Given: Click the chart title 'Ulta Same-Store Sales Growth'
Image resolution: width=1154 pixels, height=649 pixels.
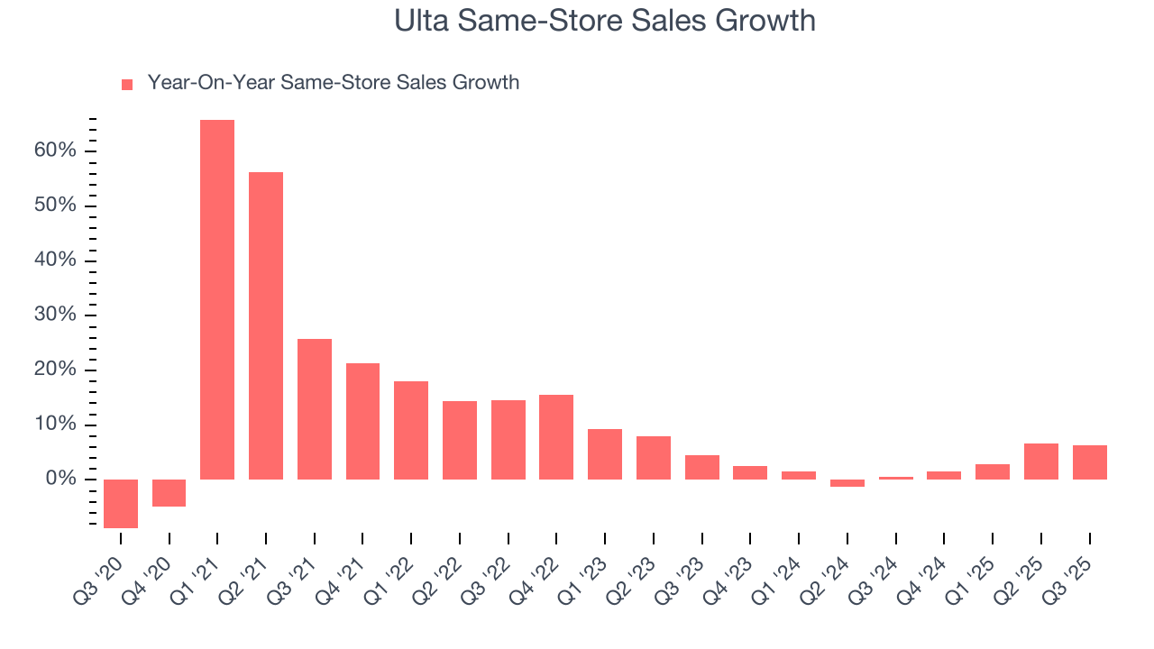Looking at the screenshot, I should [x=604, y=21].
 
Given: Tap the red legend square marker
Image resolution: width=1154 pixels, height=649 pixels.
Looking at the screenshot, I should [x=127, y=84].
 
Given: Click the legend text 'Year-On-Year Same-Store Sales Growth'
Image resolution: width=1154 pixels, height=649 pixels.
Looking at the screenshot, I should [x=333, y=83].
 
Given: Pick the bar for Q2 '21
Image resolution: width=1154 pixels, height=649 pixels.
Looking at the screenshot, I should [x=266, y=325].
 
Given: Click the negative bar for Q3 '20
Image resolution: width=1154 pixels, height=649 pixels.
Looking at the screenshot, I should [x=121, y=503].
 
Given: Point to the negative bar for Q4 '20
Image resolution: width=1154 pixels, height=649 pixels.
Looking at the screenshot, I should [x=169, y=492].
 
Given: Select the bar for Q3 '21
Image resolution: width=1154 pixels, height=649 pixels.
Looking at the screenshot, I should [x=315, y=408].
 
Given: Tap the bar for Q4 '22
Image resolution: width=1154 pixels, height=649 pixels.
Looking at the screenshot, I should [x=556, y=436].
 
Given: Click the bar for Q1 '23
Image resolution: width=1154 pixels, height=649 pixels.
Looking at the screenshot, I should [x=605, y=453].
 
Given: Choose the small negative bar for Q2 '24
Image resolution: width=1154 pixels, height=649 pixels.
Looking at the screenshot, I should [x=847, y=483].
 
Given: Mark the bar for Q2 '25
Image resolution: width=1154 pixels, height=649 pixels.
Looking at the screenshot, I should [x=1041, y=461].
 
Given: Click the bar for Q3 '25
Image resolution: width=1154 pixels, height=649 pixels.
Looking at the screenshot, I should [x=1089, y=462].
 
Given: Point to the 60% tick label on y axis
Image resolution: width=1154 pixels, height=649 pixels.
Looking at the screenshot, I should [x=56, y=151].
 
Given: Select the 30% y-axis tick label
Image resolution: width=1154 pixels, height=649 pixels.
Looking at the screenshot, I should [x=56, y=315].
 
